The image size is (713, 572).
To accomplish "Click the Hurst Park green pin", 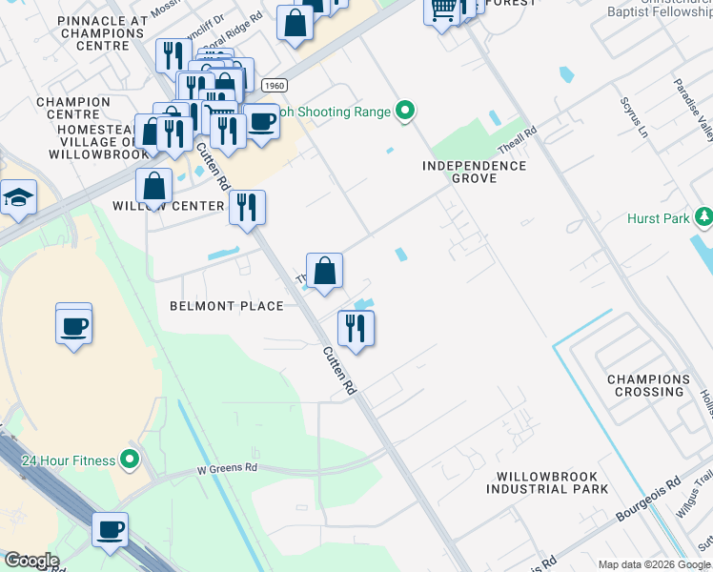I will tap(704, 218).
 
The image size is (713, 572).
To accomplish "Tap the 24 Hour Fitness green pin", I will tap(130, 460).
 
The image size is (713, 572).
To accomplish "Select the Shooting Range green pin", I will tap(405, 112).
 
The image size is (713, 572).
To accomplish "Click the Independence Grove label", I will tap(475, 172).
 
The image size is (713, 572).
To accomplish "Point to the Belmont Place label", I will tap(226, 306).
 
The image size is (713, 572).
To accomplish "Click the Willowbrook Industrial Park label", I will tap(547, 482).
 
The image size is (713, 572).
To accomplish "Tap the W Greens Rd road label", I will tap(228, 469).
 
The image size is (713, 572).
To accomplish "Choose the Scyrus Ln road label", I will tap(634, 116).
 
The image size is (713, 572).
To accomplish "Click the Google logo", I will tap(31, 561).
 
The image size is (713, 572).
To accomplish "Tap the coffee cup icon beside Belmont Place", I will tap(73, 327).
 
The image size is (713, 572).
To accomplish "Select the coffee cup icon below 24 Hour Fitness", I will tap(110, 528).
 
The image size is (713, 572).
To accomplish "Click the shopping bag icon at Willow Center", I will tap(153, 187).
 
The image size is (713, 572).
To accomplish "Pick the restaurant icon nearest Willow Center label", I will tap(247, 207).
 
